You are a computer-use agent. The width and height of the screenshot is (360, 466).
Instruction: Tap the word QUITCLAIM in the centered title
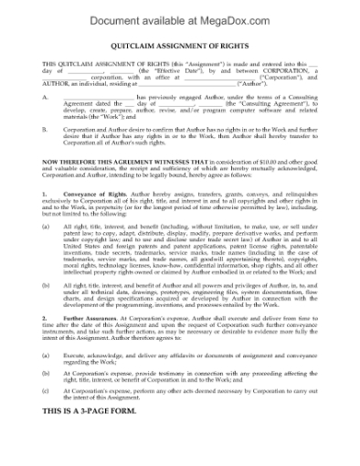[135, 51]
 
